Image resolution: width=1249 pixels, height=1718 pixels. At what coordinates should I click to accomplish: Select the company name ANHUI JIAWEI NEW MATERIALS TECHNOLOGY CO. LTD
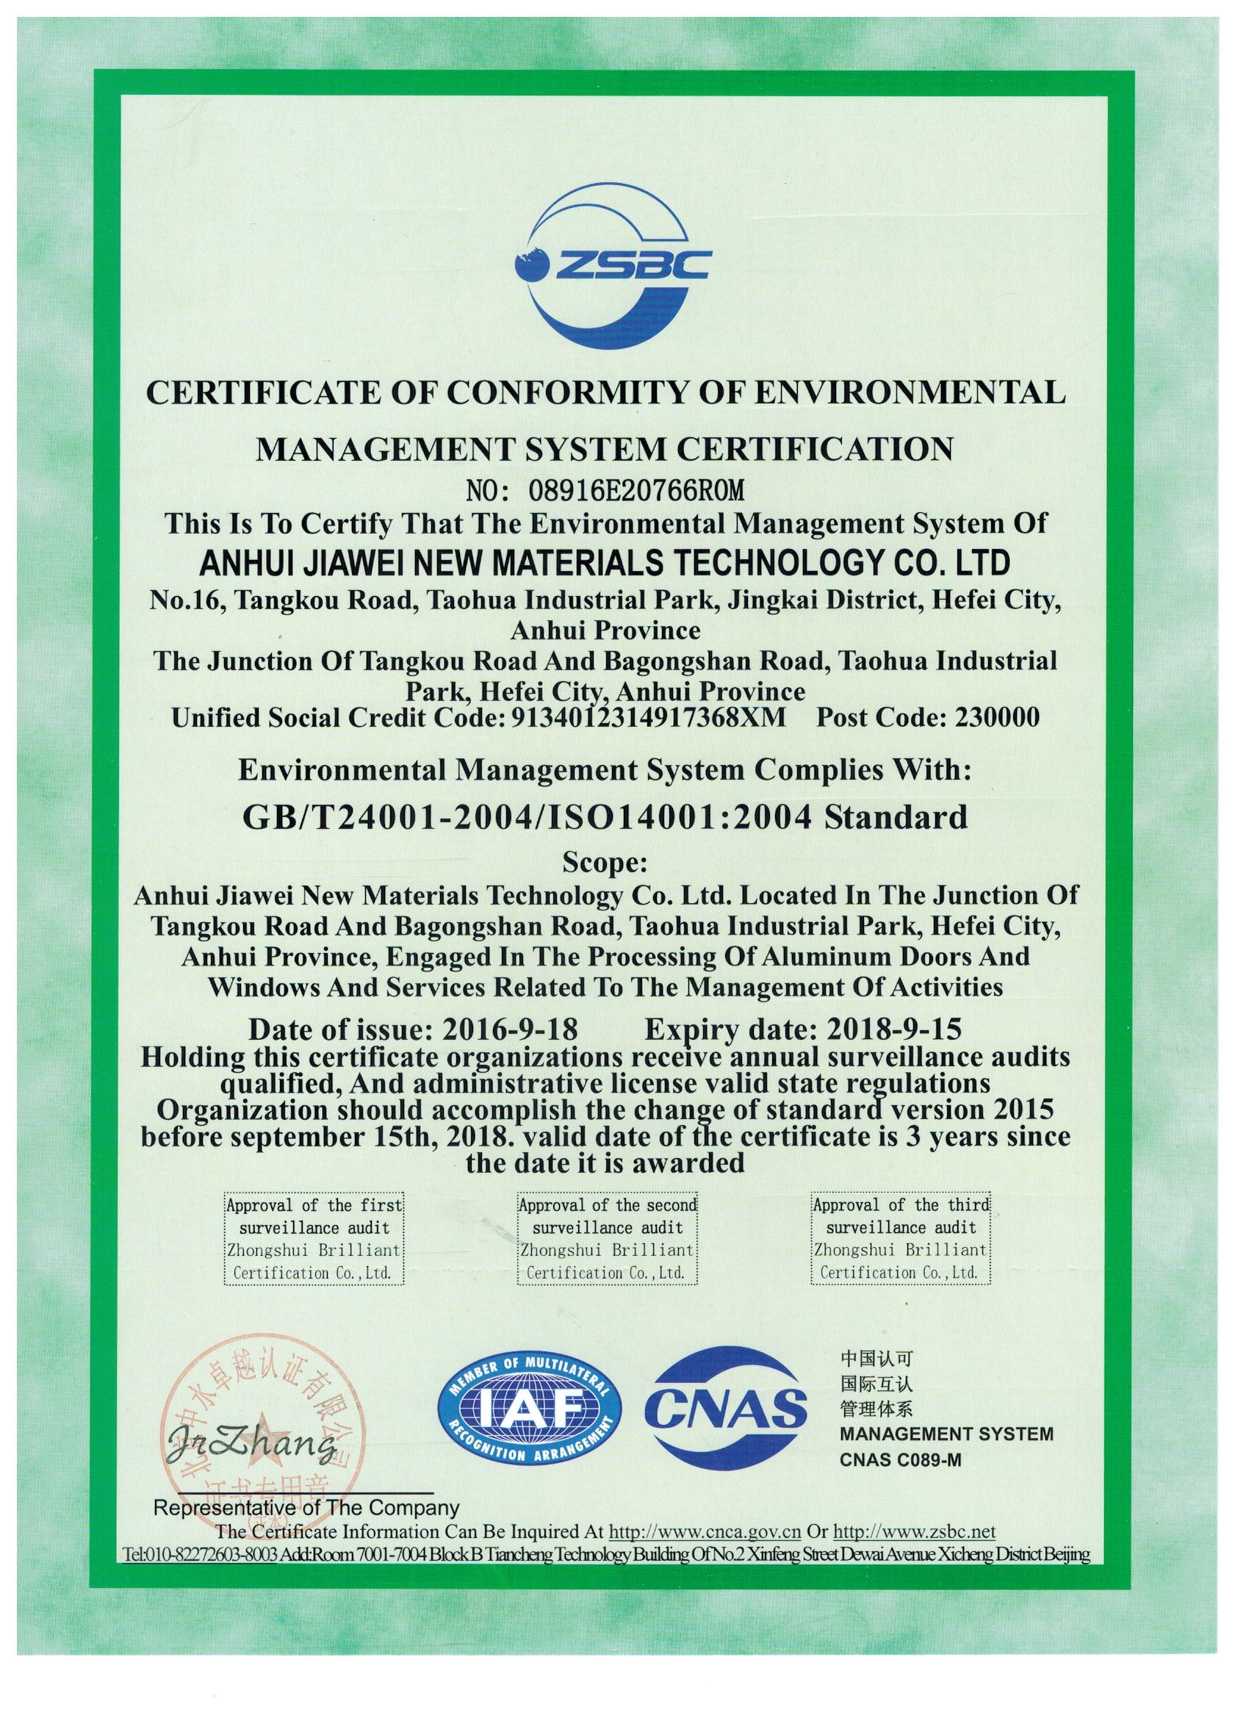pyautogui.click(x=604, y=564)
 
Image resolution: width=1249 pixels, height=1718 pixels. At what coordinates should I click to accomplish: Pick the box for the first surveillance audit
pyautogui.click(x=314, y=1238)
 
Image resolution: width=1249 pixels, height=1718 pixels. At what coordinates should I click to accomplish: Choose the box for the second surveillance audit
pyautogui.click(x=607, y=1238)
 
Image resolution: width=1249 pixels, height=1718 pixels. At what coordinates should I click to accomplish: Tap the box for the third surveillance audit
pyautogui.click(x=901, y=1238)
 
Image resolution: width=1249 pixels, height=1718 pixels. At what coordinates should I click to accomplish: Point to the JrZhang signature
pyautogui.click(x=250, y=1448)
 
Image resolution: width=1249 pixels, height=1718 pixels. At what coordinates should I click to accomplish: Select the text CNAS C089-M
pyautogui.click(x=900, y=1459)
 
